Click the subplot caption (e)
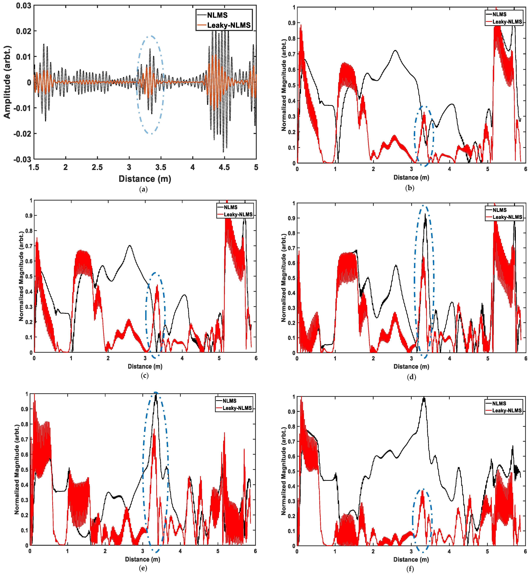click(x=143, y=568)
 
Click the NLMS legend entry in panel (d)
click(x=500, y=210)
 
